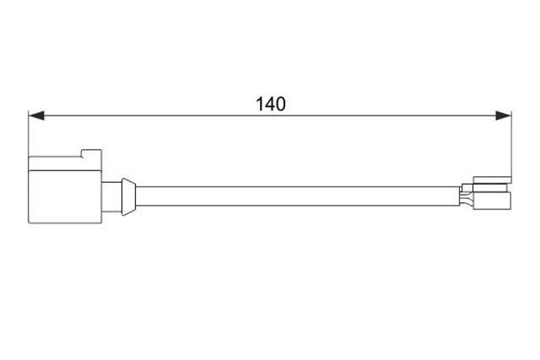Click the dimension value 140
coord(271,104)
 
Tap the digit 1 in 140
coord(259,104)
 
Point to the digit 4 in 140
coord(270,104)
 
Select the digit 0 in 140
coord(281,104)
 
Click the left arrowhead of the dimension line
coord(36,116)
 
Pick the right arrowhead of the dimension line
coord(503,116)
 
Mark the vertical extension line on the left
coord(28,134)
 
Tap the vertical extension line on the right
coord(511,144)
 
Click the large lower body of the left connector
coord(65,196)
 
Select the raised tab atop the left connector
coord(91,153)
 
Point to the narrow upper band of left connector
coord(65,164)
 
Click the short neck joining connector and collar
coord(111,196)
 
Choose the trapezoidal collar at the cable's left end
coord(128,197)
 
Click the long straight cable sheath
coord(298,196)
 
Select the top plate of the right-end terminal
coord(492,180)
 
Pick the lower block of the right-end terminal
coord(492,201)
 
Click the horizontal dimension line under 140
coord(270,116)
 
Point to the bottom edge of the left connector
coord(65,223)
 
